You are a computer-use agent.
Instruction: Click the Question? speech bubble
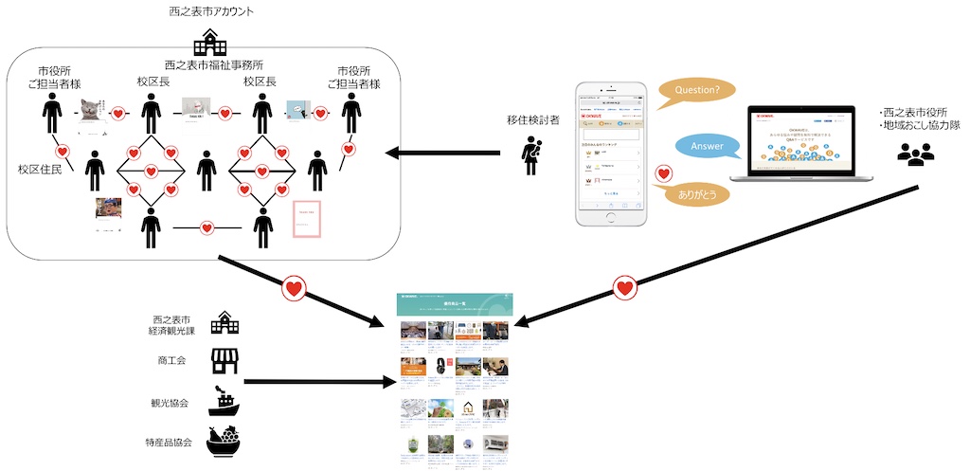pyautogui.click(x=696, y=91)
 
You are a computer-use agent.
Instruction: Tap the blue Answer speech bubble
pyautogui.click(x=707, y=146)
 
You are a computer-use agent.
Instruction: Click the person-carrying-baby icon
pyautogui.click(x=531, y=156)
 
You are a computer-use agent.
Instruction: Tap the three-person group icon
pyautogui.click(x=915, y=154)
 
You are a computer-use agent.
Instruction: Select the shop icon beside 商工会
pyautogui.click(x=225, y=360)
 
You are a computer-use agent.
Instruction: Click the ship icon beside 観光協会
pyautogui.click(x=223, y=401)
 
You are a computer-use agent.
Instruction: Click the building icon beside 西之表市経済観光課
pyautogui.click(x=225, y=321)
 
